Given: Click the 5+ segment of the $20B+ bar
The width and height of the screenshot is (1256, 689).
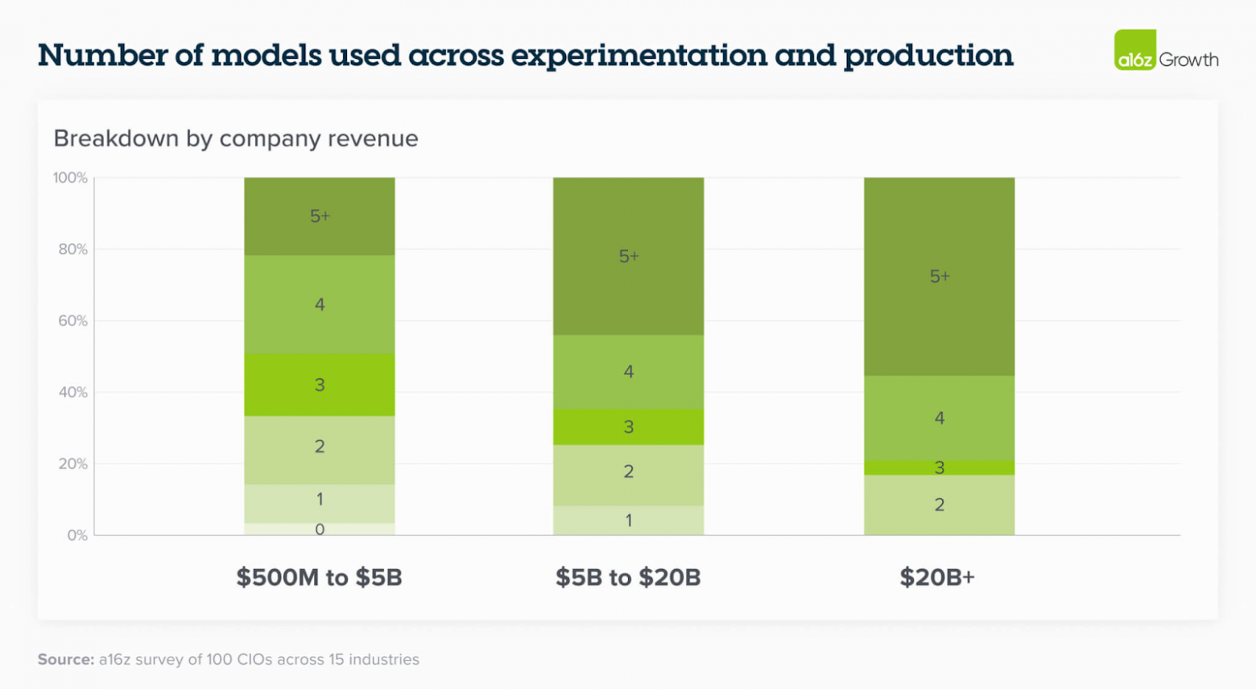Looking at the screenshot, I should click(x=939, y=277).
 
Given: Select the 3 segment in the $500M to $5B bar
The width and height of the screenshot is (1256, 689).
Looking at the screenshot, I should click(x=320, y=385).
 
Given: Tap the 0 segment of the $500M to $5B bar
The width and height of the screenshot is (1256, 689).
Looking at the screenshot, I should click(x=320, y=530).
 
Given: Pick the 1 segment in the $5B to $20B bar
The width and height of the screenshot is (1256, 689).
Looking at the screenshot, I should click(x=628, y=521).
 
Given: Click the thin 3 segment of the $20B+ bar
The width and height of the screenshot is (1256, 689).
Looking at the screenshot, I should click(x=939, y=468).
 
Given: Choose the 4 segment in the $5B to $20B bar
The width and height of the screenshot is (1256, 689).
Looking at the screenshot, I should click(x=628, y=372).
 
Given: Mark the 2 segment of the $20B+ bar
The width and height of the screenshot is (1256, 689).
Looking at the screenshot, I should click(x=939, y=505).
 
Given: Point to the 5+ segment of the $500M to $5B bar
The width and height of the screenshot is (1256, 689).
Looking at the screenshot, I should click(x=320, y=216).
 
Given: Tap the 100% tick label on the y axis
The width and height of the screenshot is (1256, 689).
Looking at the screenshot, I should click(x=70, y=178).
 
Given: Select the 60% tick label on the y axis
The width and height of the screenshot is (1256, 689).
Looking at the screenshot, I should click(x=72, y=321).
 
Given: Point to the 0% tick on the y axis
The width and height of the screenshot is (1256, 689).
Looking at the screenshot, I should click(x=77, y=535).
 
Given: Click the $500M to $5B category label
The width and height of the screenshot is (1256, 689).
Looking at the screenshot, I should click(x=319, y=577).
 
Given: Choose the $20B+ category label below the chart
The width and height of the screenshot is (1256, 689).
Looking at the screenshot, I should click(x=937, y=577).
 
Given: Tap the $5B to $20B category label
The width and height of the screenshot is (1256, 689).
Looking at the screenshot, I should click(x=628, y=577).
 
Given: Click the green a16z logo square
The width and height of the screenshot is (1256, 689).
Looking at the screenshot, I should click(x=1135, y=50).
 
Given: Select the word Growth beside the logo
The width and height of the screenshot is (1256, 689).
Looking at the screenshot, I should click(x=1188, y=60).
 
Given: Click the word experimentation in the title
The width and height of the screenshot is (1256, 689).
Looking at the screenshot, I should click(x=638, y=56).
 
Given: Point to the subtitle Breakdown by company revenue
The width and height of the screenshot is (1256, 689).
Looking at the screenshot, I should click(x=236, y=138).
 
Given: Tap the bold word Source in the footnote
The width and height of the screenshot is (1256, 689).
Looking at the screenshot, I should click(x=66, y=659).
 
